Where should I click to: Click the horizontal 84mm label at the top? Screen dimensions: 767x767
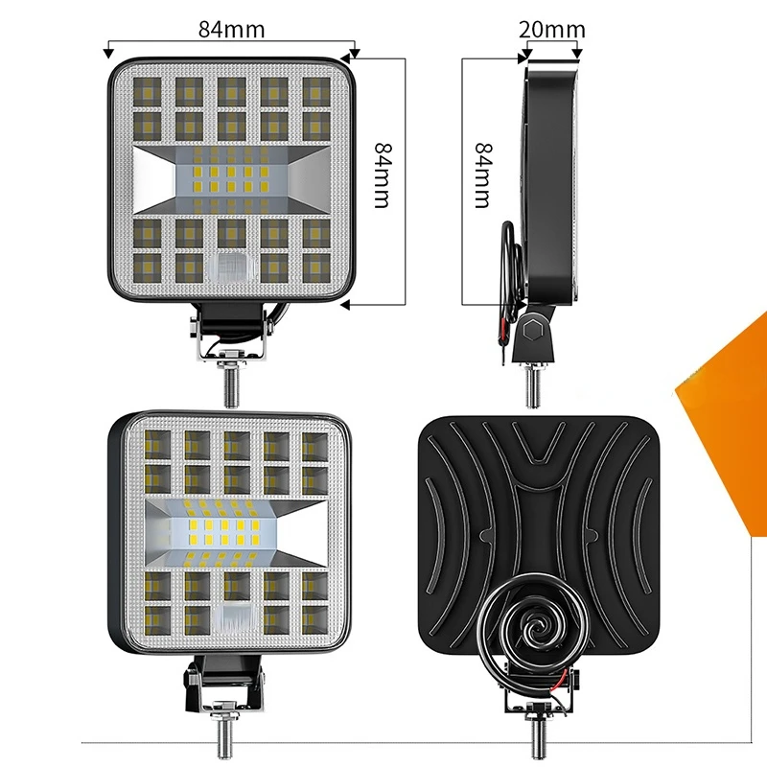click(231, 29)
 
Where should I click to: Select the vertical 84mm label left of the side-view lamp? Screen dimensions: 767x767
click(481, 175)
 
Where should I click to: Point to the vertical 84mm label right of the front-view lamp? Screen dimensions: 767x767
click(383, 176)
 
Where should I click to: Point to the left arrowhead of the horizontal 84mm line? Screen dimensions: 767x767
click(111, 43)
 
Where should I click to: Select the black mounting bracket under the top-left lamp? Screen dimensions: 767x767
click(233, 326)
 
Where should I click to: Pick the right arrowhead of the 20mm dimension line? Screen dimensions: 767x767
click(581, 43)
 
